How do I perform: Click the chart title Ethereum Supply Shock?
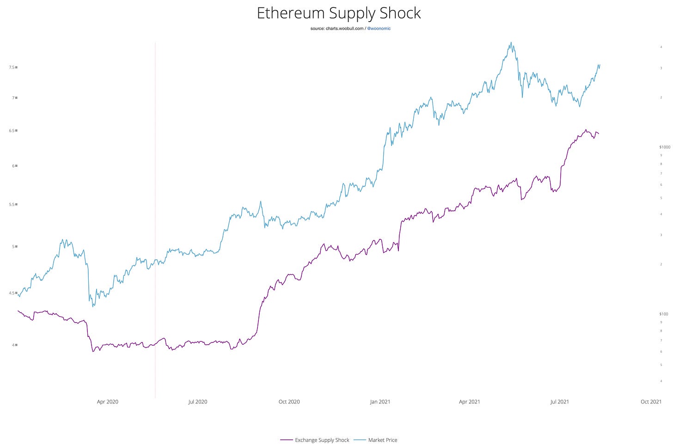coord(338,13)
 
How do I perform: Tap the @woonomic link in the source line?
coord(379,29)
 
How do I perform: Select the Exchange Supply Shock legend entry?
coord(322,440)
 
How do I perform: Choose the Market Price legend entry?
coord(382,440)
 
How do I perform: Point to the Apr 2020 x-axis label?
coord(107,402)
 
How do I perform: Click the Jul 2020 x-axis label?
coord(197,402)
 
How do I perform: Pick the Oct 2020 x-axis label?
coord(289,402)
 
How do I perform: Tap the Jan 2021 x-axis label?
coord(380,402)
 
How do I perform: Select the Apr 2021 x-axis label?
coord(469,402)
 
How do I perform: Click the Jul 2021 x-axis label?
coord(559,402)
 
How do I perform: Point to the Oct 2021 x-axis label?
coord(651,402)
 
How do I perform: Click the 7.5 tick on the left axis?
coord(12,67)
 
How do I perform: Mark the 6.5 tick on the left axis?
coord(12,131)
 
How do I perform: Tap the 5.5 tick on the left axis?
coord(12,204)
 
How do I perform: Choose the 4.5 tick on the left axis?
coord(12,293)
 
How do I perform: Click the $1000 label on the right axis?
coord(664,147)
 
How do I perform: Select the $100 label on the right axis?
coord(663,314)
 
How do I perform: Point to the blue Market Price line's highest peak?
coord(511,43)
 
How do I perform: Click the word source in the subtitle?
coord(318,29)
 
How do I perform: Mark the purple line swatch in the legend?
coord(287,440)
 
